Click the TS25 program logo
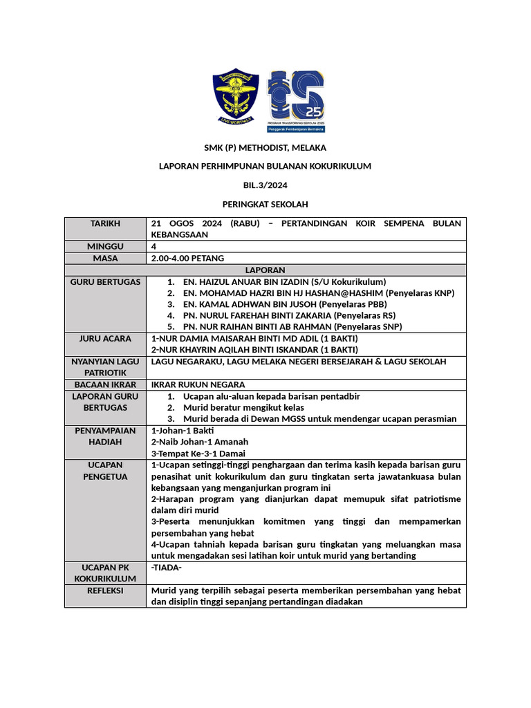tap(297, 100)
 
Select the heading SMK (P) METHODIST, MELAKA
tap(265, 148)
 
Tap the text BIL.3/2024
tap(265, 185)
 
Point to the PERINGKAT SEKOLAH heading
tap(265, 204)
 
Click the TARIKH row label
tap(105, 224)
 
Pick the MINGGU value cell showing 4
tap(153, 246)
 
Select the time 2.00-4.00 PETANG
tap(187, 259)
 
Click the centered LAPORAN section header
tap(265, 270)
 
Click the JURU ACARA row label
tap(105, 339)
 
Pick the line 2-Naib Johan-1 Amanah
tap(199, 442)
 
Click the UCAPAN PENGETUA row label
tap(105, 471)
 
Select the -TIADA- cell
tap(166, 568)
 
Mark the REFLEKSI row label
tap(105, 591)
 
